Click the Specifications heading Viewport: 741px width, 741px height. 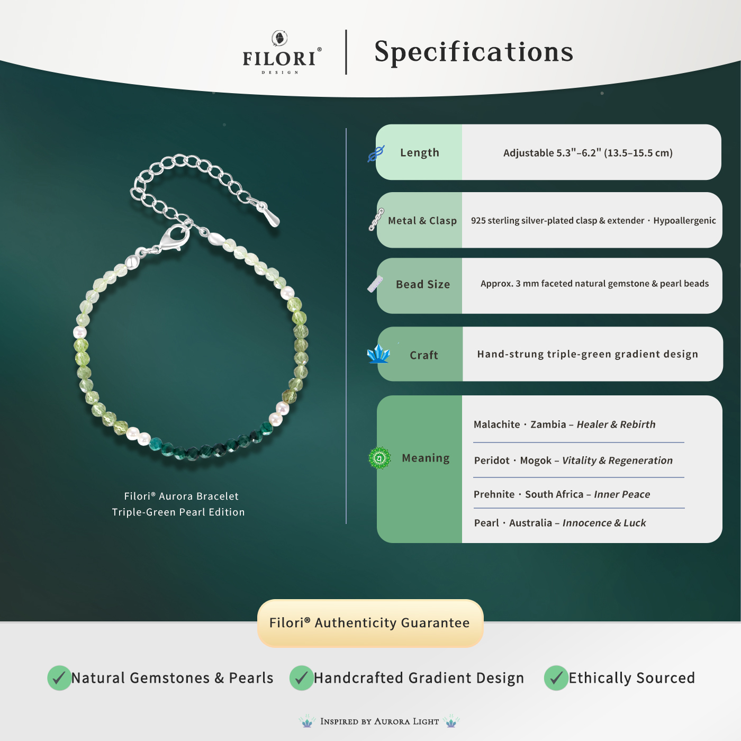tap(474, 52)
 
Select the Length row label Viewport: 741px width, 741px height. tap(419, 153)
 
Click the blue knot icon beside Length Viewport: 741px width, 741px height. tap(376, 153)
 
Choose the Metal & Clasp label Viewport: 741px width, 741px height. tap(422, 221)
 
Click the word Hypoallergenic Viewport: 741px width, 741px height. tap(684, 221)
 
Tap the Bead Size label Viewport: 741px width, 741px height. tap(422, 285)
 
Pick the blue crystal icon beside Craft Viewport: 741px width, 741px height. tap(378, 354)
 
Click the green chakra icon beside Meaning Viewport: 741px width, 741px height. tap(379, 458)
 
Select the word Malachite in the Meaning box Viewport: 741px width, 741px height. tap(496, 424)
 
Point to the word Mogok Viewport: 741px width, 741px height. tap(536, 460)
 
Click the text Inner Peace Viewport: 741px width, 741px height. tap(622, 494)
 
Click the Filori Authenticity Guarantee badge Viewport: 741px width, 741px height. tap(370, 623)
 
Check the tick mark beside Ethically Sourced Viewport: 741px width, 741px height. tap(556, 678)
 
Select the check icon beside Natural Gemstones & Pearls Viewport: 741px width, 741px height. tap(59, 678)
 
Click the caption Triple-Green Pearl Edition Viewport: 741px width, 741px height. tap(178, 512)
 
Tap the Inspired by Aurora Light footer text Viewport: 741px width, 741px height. tap(379, 721)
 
